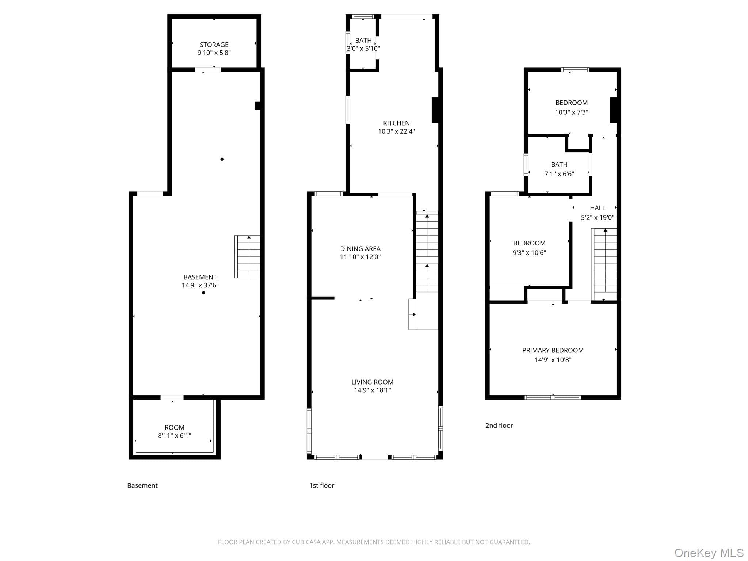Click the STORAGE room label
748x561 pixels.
(214, 45)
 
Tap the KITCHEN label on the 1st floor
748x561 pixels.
(396, 123)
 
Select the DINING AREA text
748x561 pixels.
(360, 249)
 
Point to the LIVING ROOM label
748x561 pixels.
(372, 382)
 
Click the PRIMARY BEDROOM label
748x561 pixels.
(553, 350)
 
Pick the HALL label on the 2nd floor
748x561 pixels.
(598, 208)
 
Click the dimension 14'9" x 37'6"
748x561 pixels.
(200, 285)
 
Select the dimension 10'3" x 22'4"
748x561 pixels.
(396, 131)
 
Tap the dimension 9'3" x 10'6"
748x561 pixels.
(529, 252)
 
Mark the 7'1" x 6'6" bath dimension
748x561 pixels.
(559, 174)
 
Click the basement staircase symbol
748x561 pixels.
(247, 257)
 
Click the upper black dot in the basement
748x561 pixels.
(222, 159)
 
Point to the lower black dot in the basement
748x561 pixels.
(203, 293)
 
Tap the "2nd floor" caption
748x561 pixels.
(499, 425)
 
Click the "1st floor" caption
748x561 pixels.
(321, 485)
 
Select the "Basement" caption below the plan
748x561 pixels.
(142, 485)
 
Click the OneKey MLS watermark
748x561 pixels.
(709, 553)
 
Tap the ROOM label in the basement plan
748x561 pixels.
(174, 427)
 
